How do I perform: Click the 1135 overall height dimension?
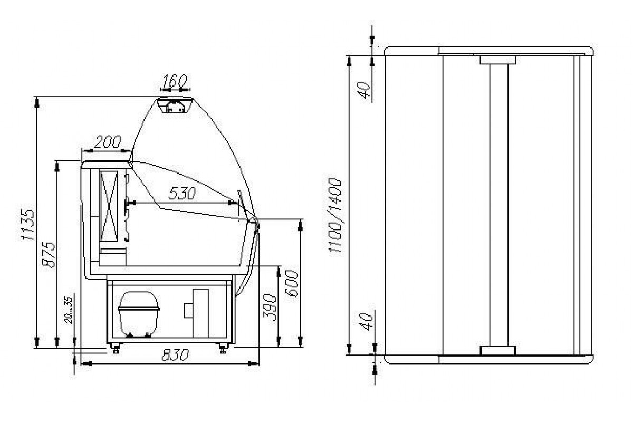coord(28,225)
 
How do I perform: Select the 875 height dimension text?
coord(49,254)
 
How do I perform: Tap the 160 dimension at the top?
coord(175,81)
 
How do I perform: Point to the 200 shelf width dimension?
coord(107,142)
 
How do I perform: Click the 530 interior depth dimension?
coord(182,194)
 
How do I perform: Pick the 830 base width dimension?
coord(175,356)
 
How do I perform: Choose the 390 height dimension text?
coord(269,308)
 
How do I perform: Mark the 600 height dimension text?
coord(291,283)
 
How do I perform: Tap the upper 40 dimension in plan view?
coord(365,90)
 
